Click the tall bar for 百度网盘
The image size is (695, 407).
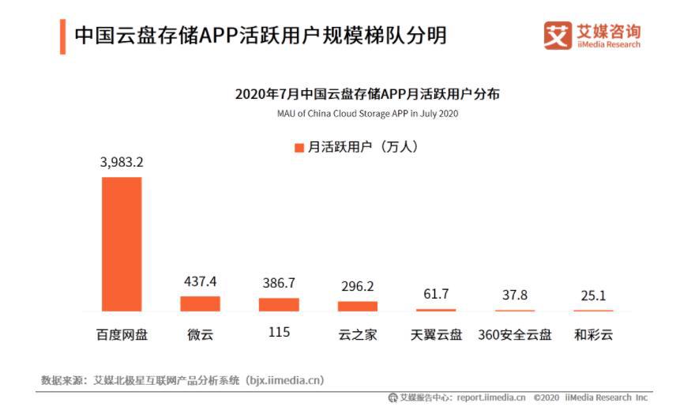[122, 243]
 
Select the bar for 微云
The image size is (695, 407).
[200, 303]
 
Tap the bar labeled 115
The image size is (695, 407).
[279, 304]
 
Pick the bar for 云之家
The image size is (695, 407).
[358, 306]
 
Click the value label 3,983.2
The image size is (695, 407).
[122, 162]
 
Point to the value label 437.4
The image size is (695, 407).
[200, 281]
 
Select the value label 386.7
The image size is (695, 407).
[279, 283]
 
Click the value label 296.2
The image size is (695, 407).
[358, 286]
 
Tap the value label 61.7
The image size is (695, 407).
[436, 294]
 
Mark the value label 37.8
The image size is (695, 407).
[515, 295]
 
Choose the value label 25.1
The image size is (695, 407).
[593, 296]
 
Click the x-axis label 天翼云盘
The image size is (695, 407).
[436, 334]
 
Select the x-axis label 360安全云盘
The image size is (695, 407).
[515, 334]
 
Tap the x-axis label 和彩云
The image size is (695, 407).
[593, 334]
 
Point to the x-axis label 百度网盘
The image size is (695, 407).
[122, 334]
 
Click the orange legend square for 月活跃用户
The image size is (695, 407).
[299, 148]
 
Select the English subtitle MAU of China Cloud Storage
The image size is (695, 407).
[367, 114]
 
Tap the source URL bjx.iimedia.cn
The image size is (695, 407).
[284, 380]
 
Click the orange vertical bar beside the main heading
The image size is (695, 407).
[62, 36]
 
